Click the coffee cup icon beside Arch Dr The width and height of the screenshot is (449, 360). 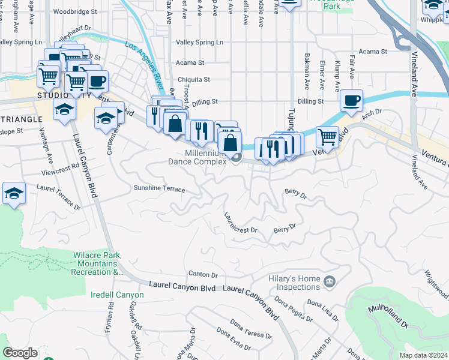(x=351, y=100)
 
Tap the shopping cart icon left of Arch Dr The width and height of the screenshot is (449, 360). (x=327, y=136)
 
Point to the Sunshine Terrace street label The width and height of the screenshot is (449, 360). (x=159, y=189)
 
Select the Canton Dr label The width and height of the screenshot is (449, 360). (x=202, y=275)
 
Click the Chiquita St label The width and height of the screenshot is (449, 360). (x=193, y=79)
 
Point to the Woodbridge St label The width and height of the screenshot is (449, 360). (x=75, y=11)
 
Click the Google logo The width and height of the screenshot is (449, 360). (x=20, y=353)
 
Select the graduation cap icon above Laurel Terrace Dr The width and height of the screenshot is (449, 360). (x=14, y=193)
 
